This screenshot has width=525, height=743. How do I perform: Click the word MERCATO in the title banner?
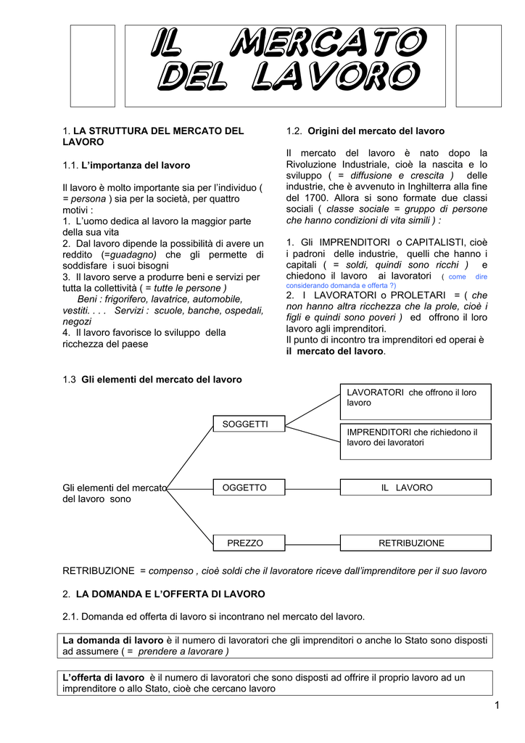[326, 45]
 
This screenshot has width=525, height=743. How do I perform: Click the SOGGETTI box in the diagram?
[244, 424]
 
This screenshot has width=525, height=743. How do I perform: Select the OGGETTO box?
[244, 488]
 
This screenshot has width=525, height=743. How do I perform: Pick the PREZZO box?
[244, 543]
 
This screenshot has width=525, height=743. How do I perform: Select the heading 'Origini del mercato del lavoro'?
[376, 131]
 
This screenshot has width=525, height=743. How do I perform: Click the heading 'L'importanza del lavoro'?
[136, 165]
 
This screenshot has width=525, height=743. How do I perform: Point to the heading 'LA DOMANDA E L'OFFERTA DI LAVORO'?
[170, 594]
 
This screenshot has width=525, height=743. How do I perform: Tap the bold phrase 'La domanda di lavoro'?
[114, 640]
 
